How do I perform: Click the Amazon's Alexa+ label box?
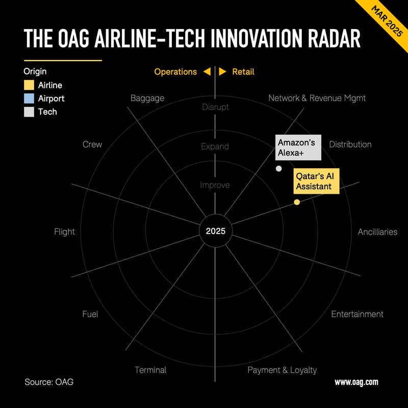pyautogui.click(x=298, y=147)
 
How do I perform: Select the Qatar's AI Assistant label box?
pyautogui.click(x=316, y=181)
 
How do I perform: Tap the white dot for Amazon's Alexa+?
pyautogui.click(x=278, y=169)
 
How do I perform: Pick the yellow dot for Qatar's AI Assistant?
pyautogui.click(x=297, y=202)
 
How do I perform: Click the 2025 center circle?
pyautogui.click(x=215, y=231)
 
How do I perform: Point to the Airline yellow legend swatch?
pyautogui.click(x=29, y=85)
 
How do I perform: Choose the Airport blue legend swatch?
pyautogui.click(x=29, y=98)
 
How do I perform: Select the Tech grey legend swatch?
pyautogui.click(x=29, y=112)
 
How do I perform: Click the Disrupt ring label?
pyautogui.click(x=215, y=107)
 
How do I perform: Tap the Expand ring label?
pyautogui.click(x=215, y=146)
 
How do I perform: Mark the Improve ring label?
pyautogui.click(x=215, y=185)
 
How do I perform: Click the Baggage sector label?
pyautogui.click(x=147, y=98)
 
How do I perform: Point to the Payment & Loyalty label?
pyautogui.click(x=282, y=370)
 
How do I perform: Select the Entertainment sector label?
pyautogui.click(x=358, y=314)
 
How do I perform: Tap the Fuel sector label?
pyautogui.click(x=90, y=314)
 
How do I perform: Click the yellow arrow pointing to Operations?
pyautogui.click(x=207, y=71)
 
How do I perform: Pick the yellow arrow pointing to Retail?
pyautogui.click(x=222, y=71)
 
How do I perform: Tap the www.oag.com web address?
pyautogui.click(x=356, y=382)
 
